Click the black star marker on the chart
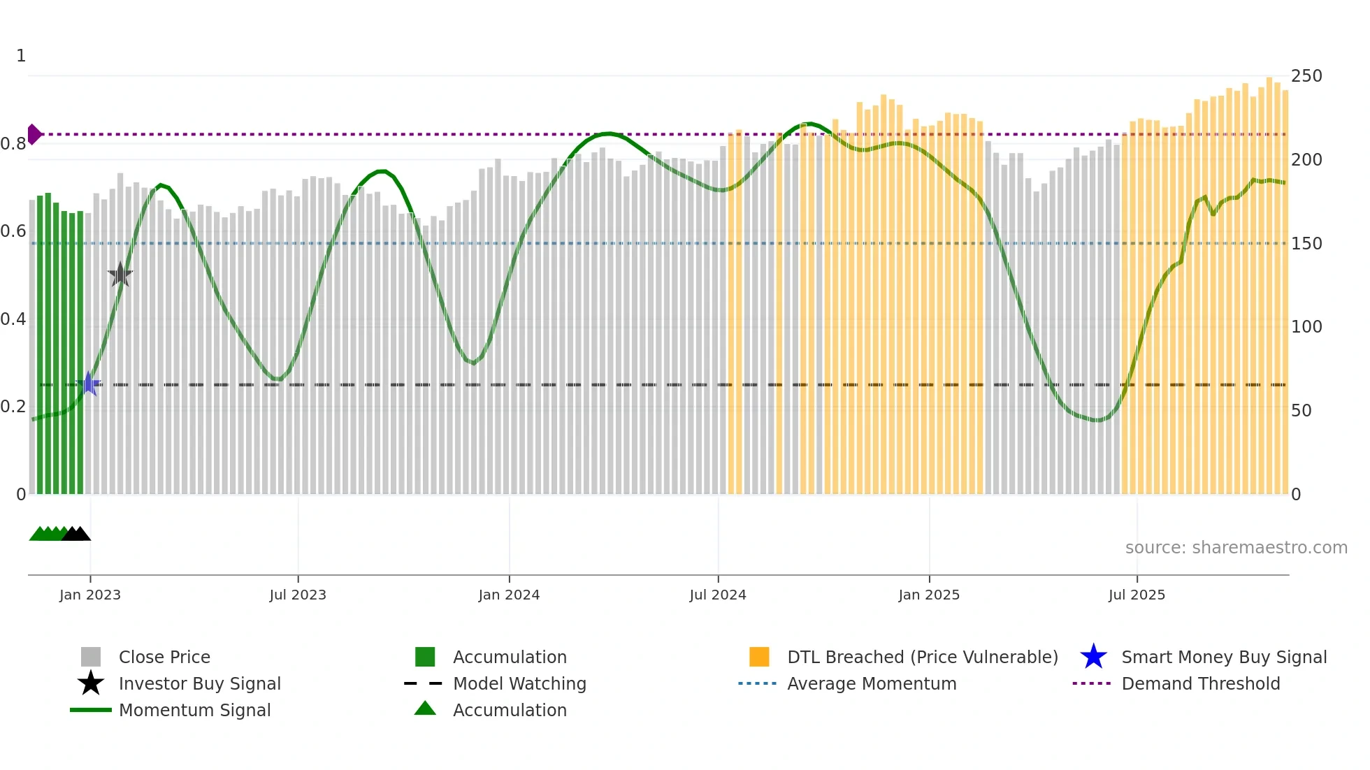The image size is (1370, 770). pos(120,275)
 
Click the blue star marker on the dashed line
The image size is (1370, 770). pos(89,384)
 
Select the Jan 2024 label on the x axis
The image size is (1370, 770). pos(509,595)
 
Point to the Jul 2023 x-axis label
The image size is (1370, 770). pos(298,595)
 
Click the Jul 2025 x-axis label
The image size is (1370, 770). pos(1137,595)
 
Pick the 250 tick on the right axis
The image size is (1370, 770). pos(1306,76)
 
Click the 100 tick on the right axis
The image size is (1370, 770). pos(1306,327)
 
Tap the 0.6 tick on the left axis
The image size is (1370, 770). pos(13,231)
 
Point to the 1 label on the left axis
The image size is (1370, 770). pos(21,56)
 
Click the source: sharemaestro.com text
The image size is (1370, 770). pos(1236,548)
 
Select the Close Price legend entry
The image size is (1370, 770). pos(164,657)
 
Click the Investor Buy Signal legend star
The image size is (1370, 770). pos(91,683)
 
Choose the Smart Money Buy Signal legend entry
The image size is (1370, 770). pos(1223,657)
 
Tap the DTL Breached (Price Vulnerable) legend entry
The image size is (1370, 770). pos(922,657)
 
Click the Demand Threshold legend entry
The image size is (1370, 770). pos(1200,683)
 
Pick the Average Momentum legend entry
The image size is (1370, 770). pos(871,683)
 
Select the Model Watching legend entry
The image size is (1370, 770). pos(519,683)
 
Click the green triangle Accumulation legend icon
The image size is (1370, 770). pos(425,709)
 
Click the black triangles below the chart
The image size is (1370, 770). pos(76,534)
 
